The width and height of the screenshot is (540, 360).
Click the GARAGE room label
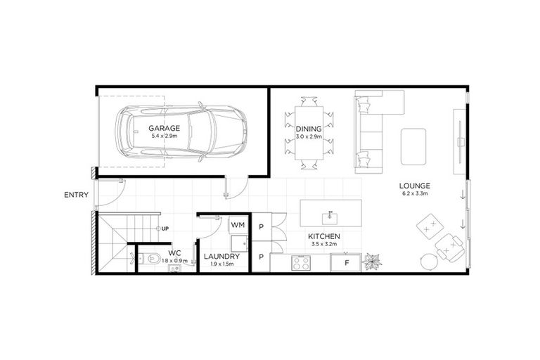tap(165, 129)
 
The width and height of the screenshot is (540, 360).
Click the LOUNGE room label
tap(416, 186)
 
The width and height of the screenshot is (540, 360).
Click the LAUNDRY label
tap(221, 257)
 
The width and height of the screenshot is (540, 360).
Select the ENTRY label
tap(75, 195)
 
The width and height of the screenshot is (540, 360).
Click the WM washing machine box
tap(237, 225)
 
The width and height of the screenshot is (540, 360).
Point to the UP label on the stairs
tap(164, 229)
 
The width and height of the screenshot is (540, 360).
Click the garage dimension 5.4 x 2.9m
tap(165, 136)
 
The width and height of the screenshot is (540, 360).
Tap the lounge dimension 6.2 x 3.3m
tap(416, 193)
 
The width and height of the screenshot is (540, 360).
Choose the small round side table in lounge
tap(427, 261)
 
